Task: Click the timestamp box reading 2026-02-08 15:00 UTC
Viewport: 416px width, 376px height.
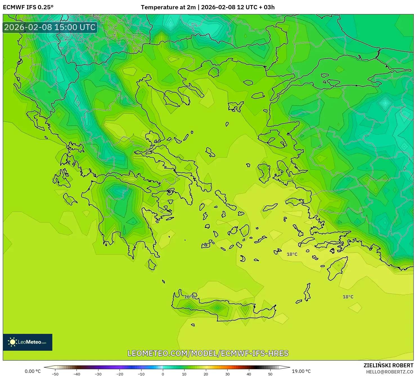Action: [x=50, y=28]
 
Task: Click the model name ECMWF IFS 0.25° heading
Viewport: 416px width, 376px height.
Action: [x=28, y=7]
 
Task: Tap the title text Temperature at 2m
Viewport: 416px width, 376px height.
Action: [x=168, y=7]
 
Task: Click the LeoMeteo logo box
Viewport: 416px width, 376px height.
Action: [x=28, y=342]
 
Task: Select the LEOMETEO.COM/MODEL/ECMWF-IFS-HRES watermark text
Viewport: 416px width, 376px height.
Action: [x=208, y=353]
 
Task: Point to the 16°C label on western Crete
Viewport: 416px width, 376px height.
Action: [x=189, y=297]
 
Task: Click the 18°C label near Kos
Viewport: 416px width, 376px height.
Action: [x=292, y=254]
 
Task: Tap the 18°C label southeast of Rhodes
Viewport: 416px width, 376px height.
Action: [x=348, y=297]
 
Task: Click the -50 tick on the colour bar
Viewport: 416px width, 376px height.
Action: [x=55, y=374]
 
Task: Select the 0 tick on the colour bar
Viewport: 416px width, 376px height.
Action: [x=163, y=374]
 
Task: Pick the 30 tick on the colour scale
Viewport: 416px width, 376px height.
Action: [x=227, y=374]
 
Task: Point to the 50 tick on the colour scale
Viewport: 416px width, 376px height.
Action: [x=270, y=374]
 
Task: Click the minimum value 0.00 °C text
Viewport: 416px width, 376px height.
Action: [x=33, y=371]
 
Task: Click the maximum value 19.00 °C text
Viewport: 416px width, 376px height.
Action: [x=301, y=371]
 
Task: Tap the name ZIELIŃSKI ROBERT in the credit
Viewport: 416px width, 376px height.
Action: [x=388, y=365]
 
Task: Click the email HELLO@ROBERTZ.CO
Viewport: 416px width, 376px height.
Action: [x=390, y=372]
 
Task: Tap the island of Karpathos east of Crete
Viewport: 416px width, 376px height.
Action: [x=307, y=292]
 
